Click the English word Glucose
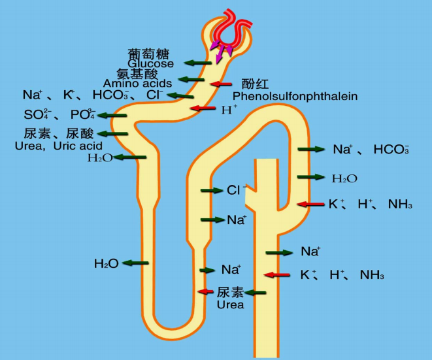(151, 64)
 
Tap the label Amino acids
(138, 84)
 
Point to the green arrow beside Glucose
(197, 63)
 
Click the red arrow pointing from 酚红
(221, 84)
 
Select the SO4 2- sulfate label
(37, 115)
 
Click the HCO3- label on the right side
(391, 150)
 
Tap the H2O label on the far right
(344, 178)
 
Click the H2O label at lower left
(106, 263)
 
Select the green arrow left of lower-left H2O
(135, 263)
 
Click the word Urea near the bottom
(230, 304)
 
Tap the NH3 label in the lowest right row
(372, 275)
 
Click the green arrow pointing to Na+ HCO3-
(311, 150)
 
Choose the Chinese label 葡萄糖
(152, 53)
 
